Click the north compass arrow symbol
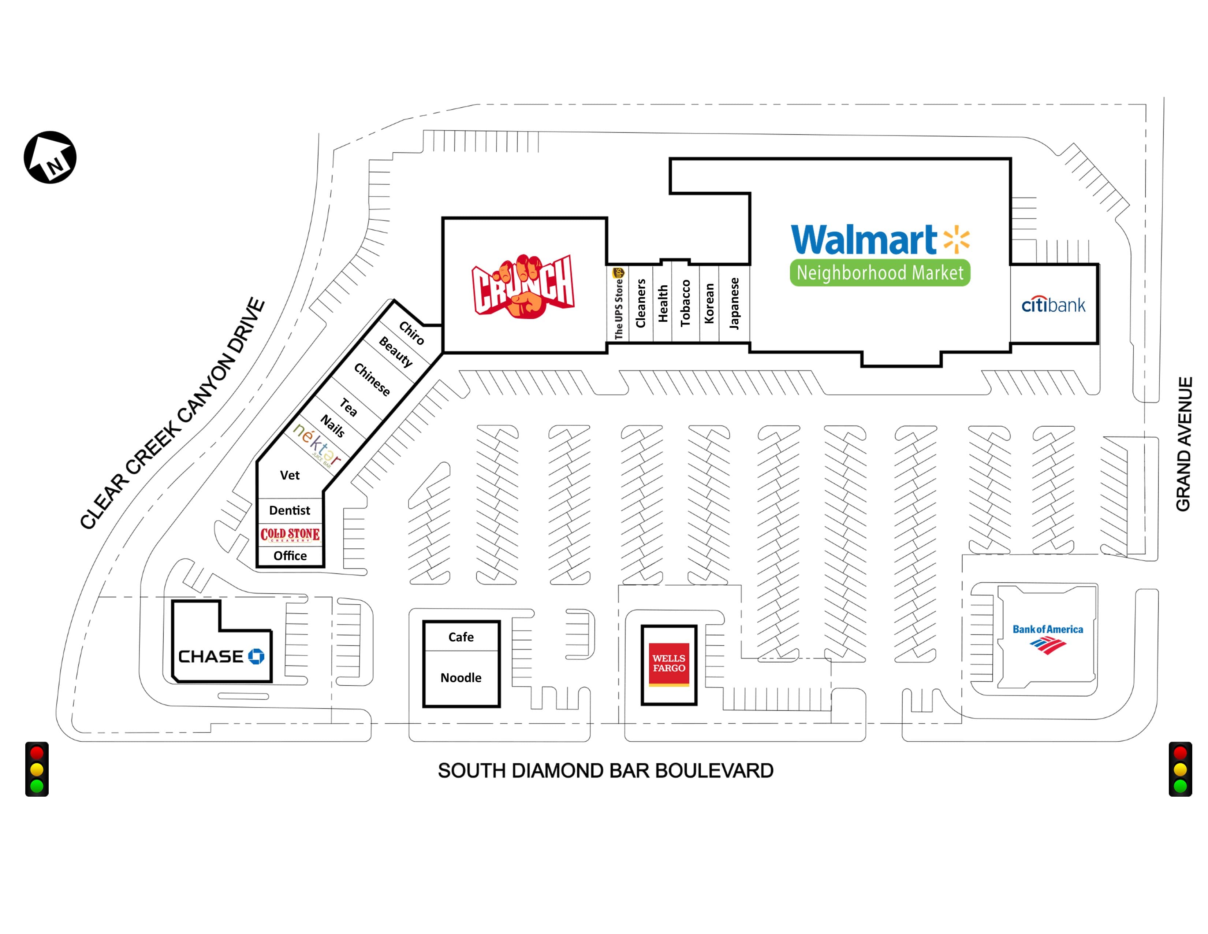pos(50,157)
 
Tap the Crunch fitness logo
pos(523,287)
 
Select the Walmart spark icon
pos(956,240)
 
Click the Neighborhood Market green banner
pos(879,273)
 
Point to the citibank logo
pos(1053,304)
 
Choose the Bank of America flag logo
pos(1048,645)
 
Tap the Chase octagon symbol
pos(256,656)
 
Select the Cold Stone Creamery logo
pos(290,534)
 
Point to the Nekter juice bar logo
pos(316,444)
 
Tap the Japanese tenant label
pos(734,303)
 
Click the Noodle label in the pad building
pos(461,678)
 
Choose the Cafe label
pos(461,637)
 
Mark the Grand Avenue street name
pos(1183,444)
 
